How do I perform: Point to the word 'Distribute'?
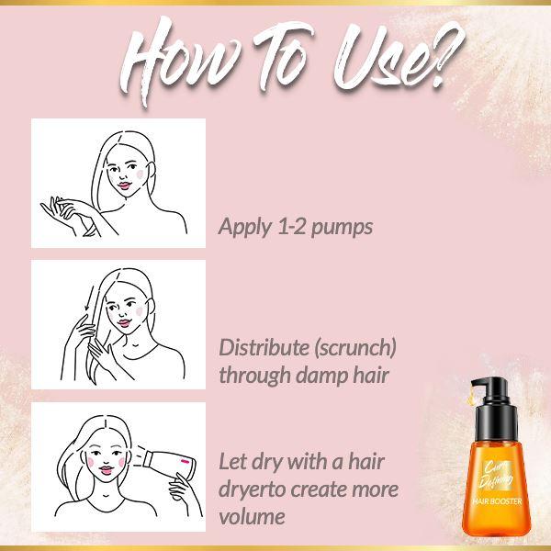tap(263, 347)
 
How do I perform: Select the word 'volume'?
tap(252, 516)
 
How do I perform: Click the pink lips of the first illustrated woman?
tap(124, 186)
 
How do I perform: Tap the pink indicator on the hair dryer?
tap(185, 461)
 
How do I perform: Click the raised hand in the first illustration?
tap(63, 211)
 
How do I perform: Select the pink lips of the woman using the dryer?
tap(107, 470)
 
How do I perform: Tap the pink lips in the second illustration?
tap(124, 322)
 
